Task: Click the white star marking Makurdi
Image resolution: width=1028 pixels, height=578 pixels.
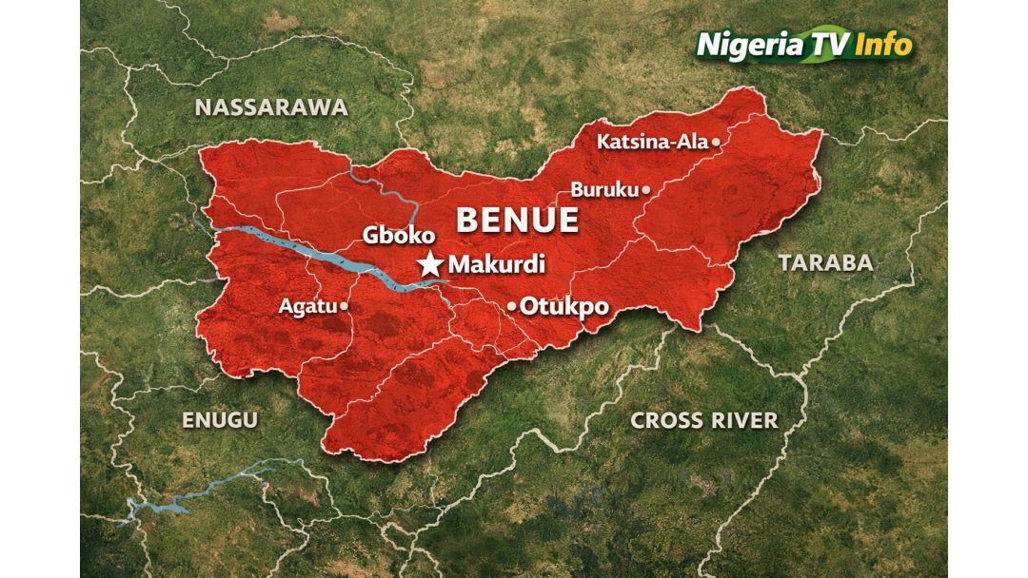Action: [x=431, y=265]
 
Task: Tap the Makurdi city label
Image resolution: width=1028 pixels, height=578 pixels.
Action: [x=496, y=265]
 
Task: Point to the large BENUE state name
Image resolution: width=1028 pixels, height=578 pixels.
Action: [x=517, y=220]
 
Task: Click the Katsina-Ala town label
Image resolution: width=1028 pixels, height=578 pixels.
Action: [x=653, y=143]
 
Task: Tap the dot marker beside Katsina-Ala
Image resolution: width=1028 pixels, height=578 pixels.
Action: [x=716, y=143]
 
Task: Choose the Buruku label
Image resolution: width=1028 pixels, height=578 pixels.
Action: [x=604, y=190]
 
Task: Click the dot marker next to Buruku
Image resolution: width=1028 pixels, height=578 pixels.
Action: [x=645, y=190]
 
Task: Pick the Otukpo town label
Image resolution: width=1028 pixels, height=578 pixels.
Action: [x=564, y=306]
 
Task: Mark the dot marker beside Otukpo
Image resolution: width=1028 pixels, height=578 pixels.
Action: [x=511, y=306]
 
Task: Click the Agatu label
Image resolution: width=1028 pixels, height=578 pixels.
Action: [x=307, y=307]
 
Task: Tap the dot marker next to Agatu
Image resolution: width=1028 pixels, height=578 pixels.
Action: [x=344, y=307]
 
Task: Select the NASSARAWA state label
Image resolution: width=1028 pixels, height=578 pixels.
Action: [x=271, y=107]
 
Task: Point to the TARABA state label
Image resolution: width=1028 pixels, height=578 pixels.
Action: [x=825, y=263]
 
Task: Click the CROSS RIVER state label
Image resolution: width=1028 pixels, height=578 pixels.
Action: [x=704, y=420]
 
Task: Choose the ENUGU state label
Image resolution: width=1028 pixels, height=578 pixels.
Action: [x=220, y=420]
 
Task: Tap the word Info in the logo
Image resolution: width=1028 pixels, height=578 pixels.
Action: [x=883, y=45]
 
